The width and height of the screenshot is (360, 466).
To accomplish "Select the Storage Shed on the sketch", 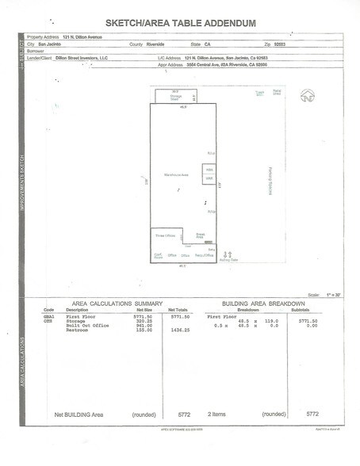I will pos(174,97).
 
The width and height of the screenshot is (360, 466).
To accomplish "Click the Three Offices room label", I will pos(164,235).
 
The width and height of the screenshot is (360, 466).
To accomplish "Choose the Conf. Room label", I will pos(159,256).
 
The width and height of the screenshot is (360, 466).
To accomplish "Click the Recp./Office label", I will pos(205,255).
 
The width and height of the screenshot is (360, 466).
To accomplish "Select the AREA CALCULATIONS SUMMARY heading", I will pos(117,304).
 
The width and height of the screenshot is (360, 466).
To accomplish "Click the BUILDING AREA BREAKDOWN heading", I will pos(264,304).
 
